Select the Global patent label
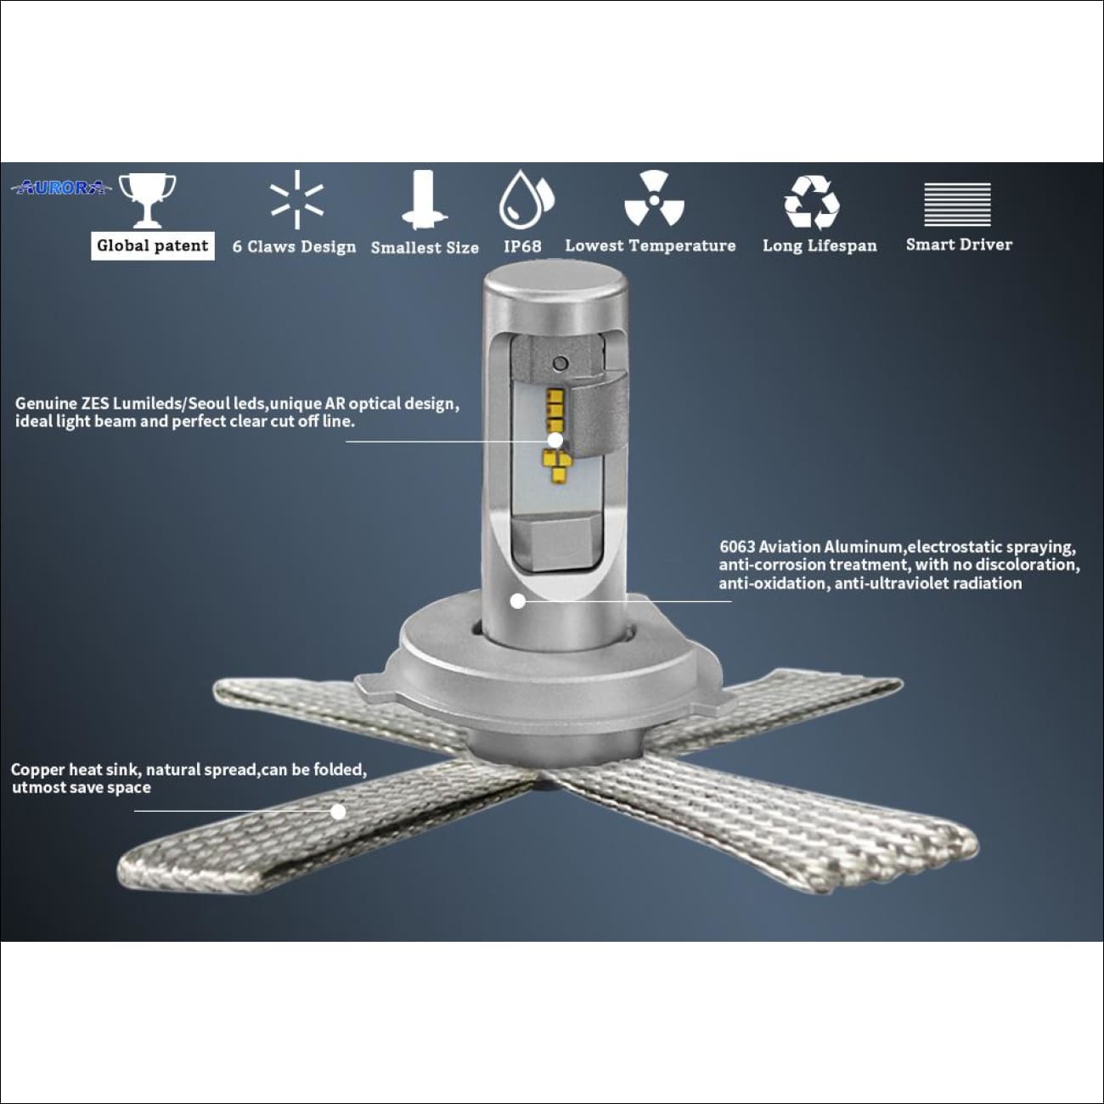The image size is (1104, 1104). tap(152, 245)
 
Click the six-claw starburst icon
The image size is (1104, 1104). tap(296, 200)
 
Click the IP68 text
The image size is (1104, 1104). tap(522, 246)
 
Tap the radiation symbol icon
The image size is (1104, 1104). tap(653, 200)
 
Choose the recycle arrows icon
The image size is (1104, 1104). tap(811, 202)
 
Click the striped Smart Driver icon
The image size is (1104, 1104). tap(957, 205)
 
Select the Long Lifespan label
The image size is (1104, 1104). tap(820, 245)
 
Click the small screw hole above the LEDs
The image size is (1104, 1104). tap(560, 364)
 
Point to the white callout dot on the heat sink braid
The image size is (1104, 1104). tap(338, 811)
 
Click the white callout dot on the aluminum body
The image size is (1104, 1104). tap(518, 601)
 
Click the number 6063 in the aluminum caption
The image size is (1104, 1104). tap(737, 547)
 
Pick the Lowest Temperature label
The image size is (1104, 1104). tap(651, 245)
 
